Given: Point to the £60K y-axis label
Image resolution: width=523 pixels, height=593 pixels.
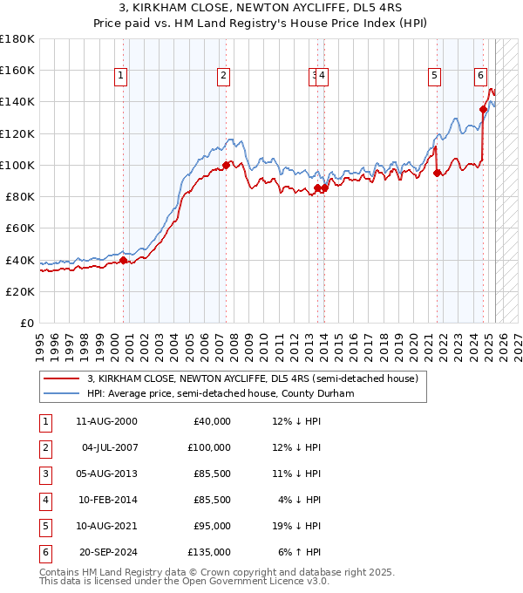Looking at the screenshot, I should click(19, 228).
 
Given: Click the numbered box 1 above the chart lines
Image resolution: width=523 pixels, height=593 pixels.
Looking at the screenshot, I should click(120, 76).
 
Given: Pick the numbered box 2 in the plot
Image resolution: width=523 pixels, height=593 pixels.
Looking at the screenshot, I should click(224, 76).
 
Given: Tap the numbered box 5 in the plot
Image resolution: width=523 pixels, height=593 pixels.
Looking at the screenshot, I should click(434, 76).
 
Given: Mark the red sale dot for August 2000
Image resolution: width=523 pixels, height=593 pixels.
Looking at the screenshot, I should click(123, 260).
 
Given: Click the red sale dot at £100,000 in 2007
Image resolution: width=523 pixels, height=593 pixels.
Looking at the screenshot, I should click(226, 165).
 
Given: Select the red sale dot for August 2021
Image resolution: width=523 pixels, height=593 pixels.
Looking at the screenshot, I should click(437, 173).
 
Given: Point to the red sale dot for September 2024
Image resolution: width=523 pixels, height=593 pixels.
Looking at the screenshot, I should click(483, 110).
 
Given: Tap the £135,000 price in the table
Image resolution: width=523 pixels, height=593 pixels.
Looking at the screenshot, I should click(208, 552).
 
